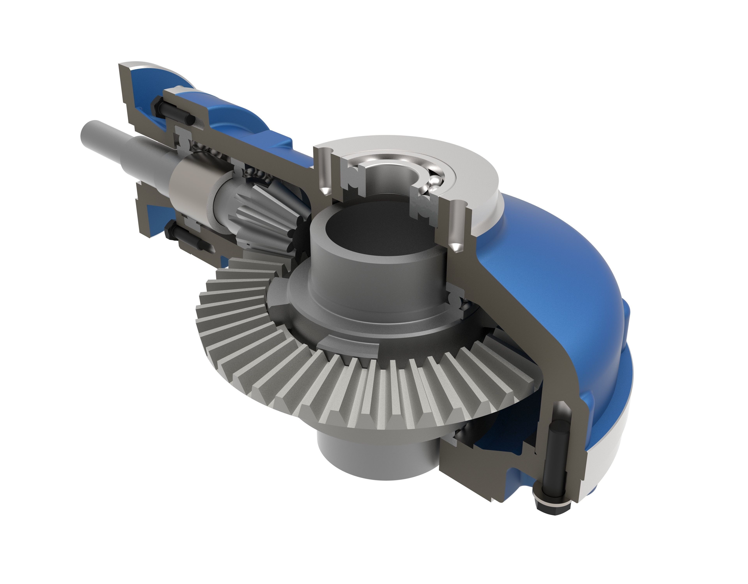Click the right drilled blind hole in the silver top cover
(457, 226)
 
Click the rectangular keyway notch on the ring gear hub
(353, 349)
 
